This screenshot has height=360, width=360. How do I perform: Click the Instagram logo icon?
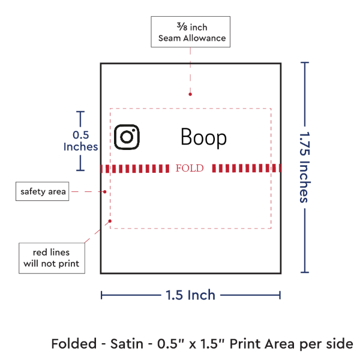click(127, 137)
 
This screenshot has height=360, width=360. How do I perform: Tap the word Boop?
click(204, 138)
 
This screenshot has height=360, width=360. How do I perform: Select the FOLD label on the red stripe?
click(190, 168)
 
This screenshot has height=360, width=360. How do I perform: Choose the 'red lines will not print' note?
click(51, 257)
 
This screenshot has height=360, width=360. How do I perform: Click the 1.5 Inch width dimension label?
click(190, 295)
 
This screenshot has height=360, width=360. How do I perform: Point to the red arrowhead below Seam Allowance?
click(190, 94)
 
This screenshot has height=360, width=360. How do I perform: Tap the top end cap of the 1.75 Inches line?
click(305, 62)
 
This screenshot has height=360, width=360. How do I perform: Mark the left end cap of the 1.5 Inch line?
click(101, 295)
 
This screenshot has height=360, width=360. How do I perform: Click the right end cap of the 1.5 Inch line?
click(280, 295)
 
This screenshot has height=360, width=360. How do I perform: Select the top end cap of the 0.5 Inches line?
click(80, 112)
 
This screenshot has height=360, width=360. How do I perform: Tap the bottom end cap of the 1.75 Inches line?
click(305, 273)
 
